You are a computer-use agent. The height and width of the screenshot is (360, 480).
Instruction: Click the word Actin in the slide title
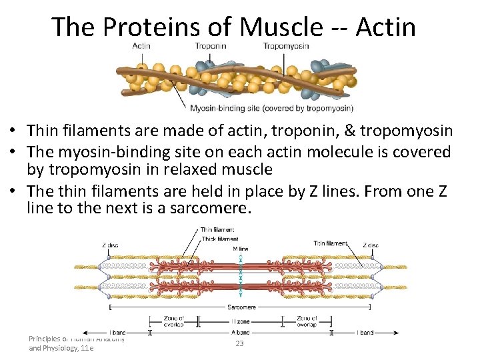click(x=385, y=27)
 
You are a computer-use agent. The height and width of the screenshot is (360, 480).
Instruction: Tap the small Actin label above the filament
click(x=141, y=45)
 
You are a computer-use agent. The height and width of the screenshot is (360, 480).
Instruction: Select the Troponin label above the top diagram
click(x=211, y=45)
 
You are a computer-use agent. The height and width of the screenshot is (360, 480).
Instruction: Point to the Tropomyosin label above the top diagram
click(x=285, y=45)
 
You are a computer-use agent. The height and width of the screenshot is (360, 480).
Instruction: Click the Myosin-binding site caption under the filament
click(x=271, y=108)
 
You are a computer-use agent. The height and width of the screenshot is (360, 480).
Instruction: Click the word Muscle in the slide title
click(x=280, y=27)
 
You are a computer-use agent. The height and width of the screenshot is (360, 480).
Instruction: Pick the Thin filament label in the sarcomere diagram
click(x=217, y=231)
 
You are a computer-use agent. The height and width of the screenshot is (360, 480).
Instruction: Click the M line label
click(x=240, y=249)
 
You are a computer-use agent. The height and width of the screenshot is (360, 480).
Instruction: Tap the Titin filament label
click(x=331, y=243)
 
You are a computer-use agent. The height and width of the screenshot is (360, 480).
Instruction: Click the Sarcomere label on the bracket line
click(x=241, y=307)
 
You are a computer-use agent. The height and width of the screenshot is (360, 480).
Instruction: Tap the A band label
click(x=240, y=332)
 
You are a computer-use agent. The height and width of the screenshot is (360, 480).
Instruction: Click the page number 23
click(x=240, y=343)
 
